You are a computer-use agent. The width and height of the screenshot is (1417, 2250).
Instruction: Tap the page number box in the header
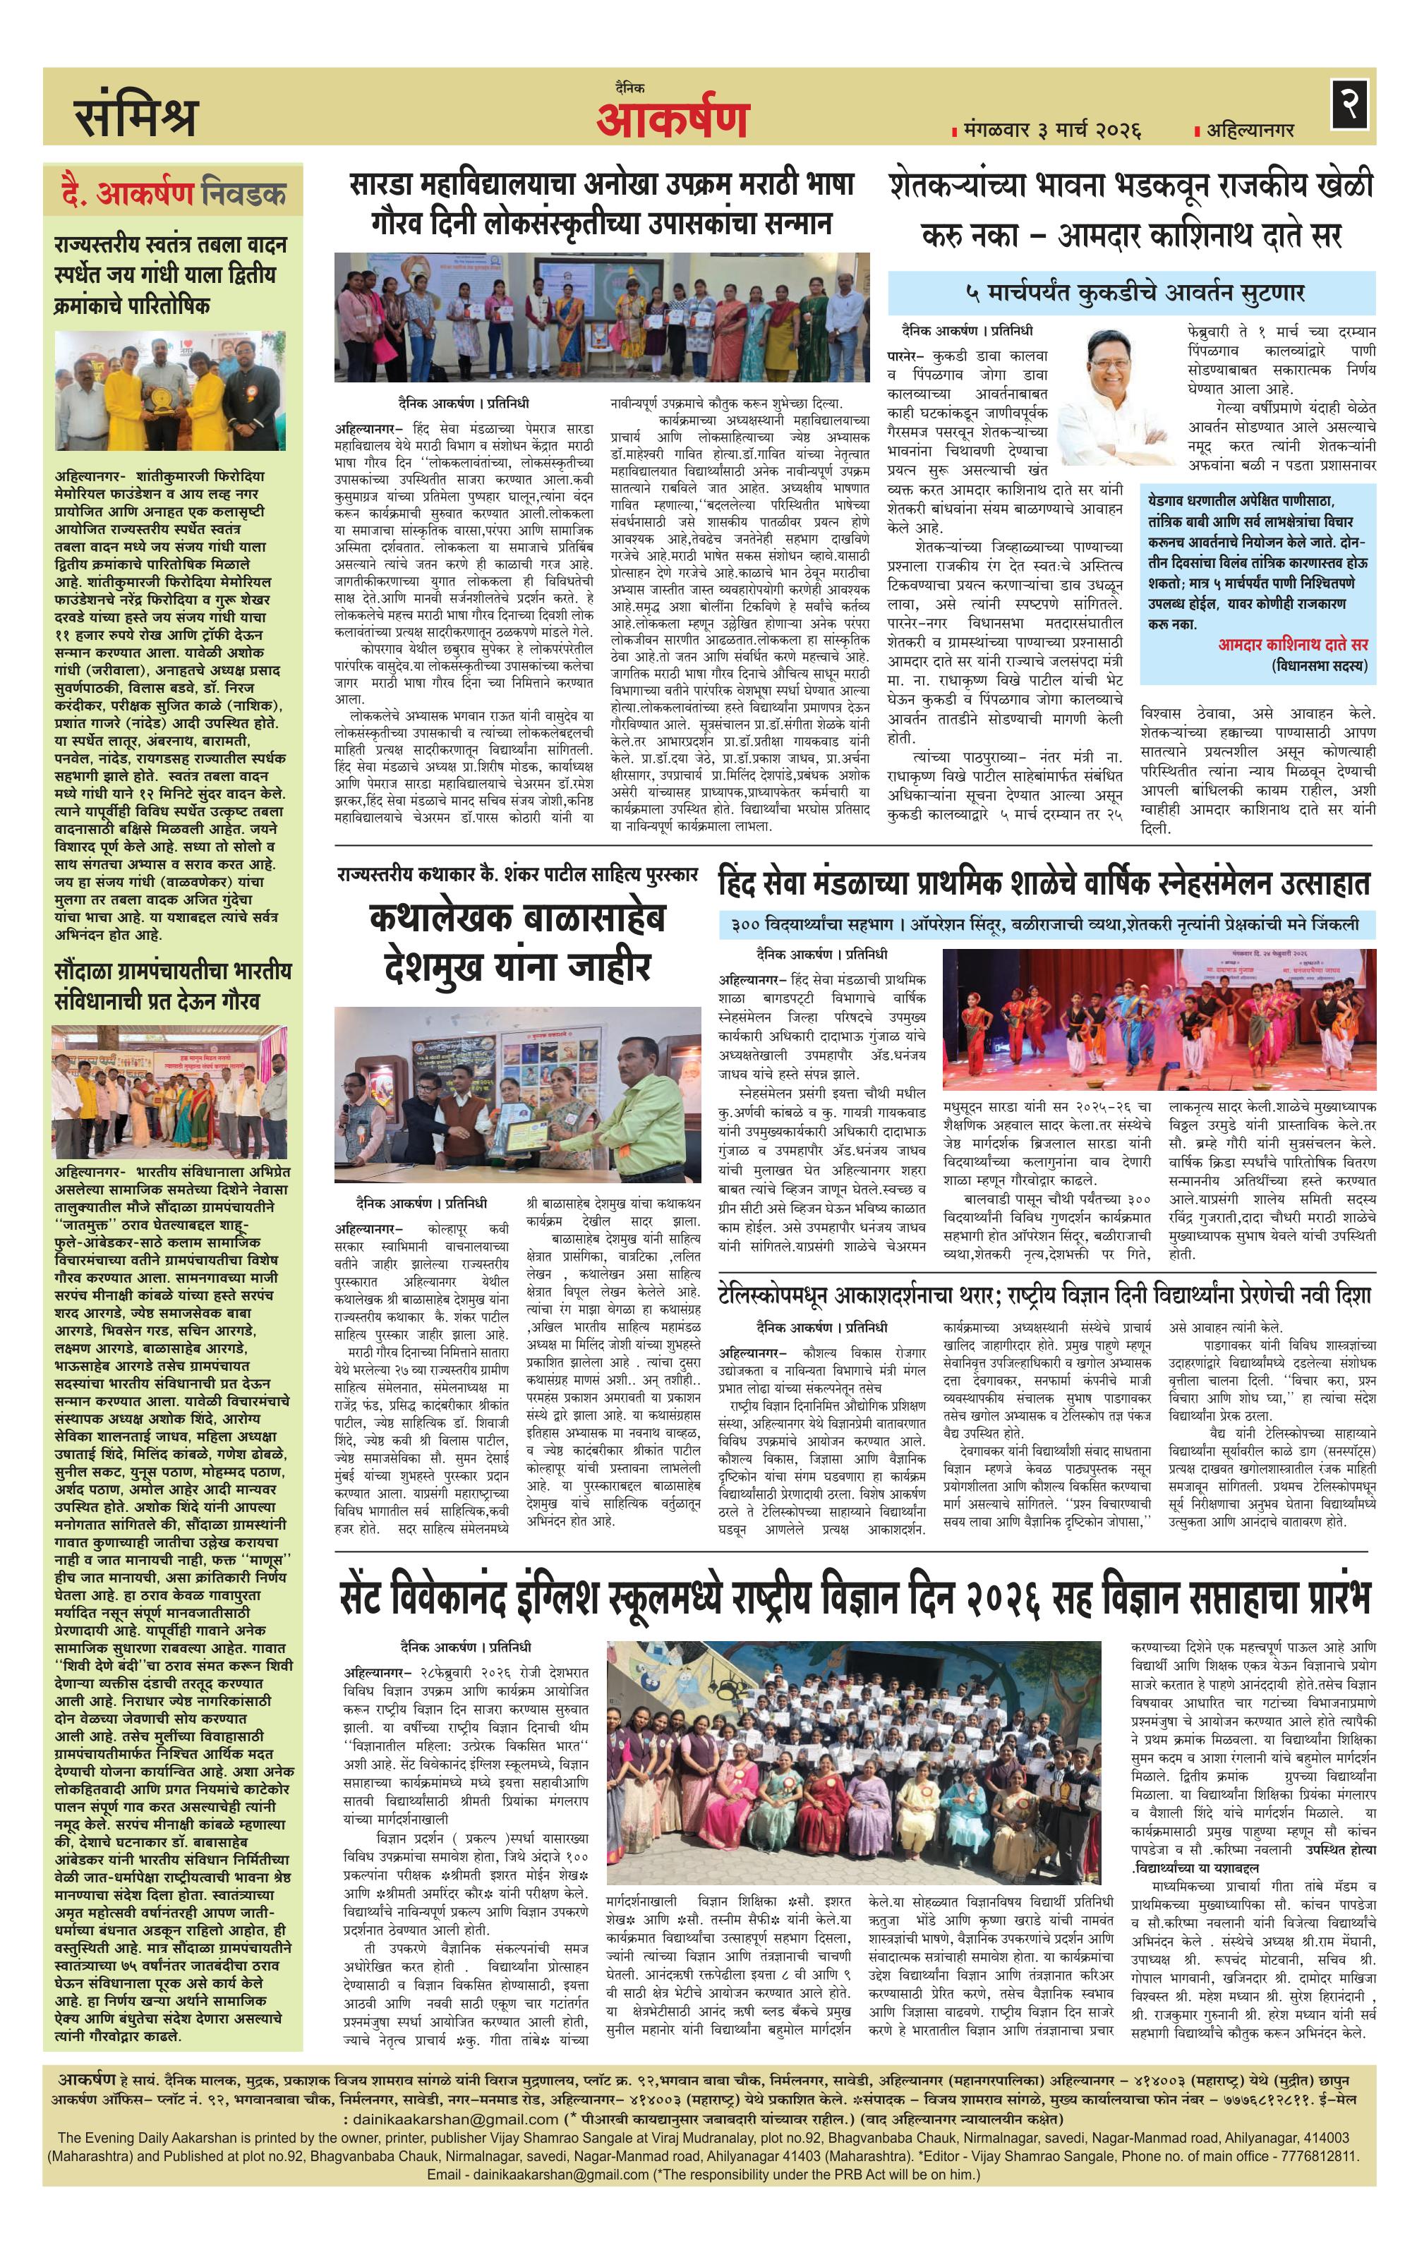coord(1350,104)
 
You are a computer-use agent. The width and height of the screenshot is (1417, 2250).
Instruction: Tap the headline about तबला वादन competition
coord(171,274)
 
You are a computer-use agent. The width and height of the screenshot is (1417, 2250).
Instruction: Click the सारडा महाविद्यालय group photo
coord(602,317)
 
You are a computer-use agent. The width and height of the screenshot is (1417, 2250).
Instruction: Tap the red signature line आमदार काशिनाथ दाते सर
coord(1292,643)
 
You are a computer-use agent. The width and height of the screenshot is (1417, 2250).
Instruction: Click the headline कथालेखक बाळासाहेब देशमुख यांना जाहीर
coord(517,943)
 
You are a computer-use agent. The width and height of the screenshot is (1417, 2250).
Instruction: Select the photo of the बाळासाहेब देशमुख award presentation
coord(517,1094)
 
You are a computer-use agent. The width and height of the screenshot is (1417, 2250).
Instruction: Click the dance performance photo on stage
coord(1158,1020)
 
